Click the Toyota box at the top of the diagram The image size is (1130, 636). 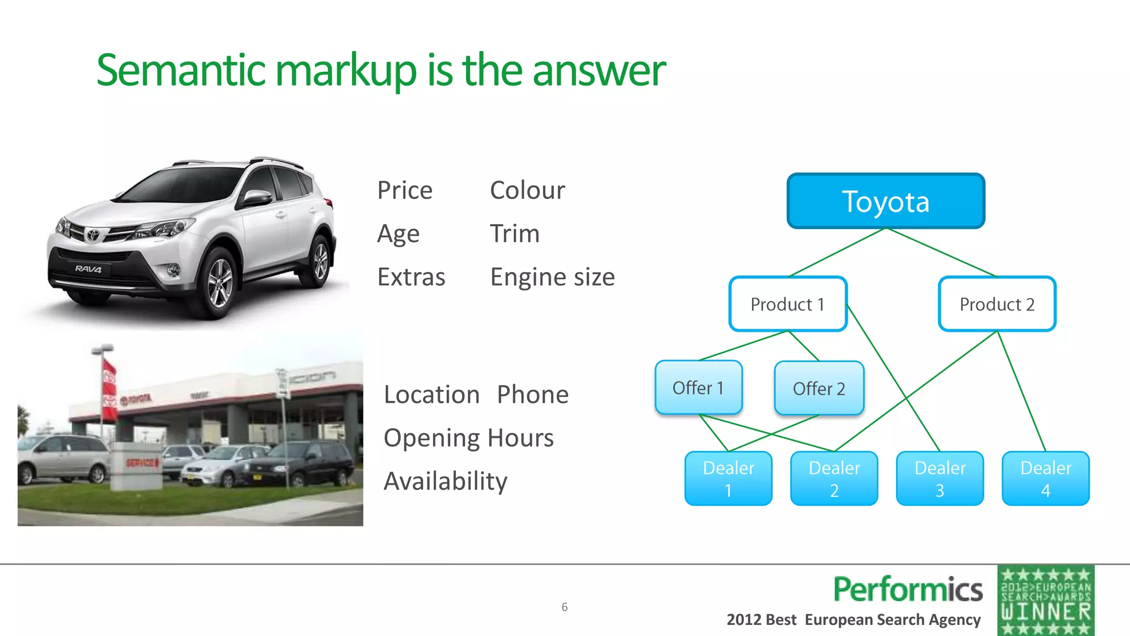point(886,201)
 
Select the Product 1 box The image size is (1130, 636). point(787,304)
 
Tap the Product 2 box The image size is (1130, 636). point(997,304)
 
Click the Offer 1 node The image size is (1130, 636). point(698,388)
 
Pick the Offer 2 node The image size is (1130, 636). point(819,388)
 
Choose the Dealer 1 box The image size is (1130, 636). point(728,479)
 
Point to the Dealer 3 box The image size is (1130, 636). point(940,479)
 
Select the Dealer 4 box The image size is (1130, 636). point(1046,479)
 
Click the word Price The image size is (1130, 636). point(404,190)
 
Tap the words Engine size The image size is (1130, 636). point(552,277)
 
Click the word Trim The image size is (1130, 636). point(514,234)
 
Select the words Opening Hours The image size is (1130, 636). point(468,438)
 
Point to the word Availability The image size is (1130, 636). point(445,481)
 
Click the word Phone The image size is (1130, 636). point(532,395)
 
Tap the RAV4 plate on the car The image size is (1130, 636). point(88,269)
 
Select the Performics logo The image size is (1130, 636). point(908,590)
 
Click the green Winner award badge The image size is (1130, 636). point(1046,601)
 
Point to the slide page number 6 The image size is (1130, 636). point(564,607)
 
